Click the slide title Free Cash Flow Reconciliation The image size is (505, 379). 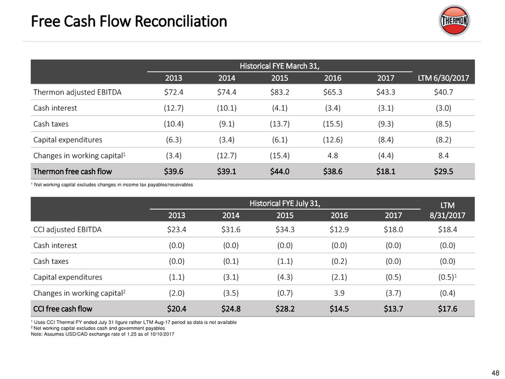(x=129, y=22)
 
